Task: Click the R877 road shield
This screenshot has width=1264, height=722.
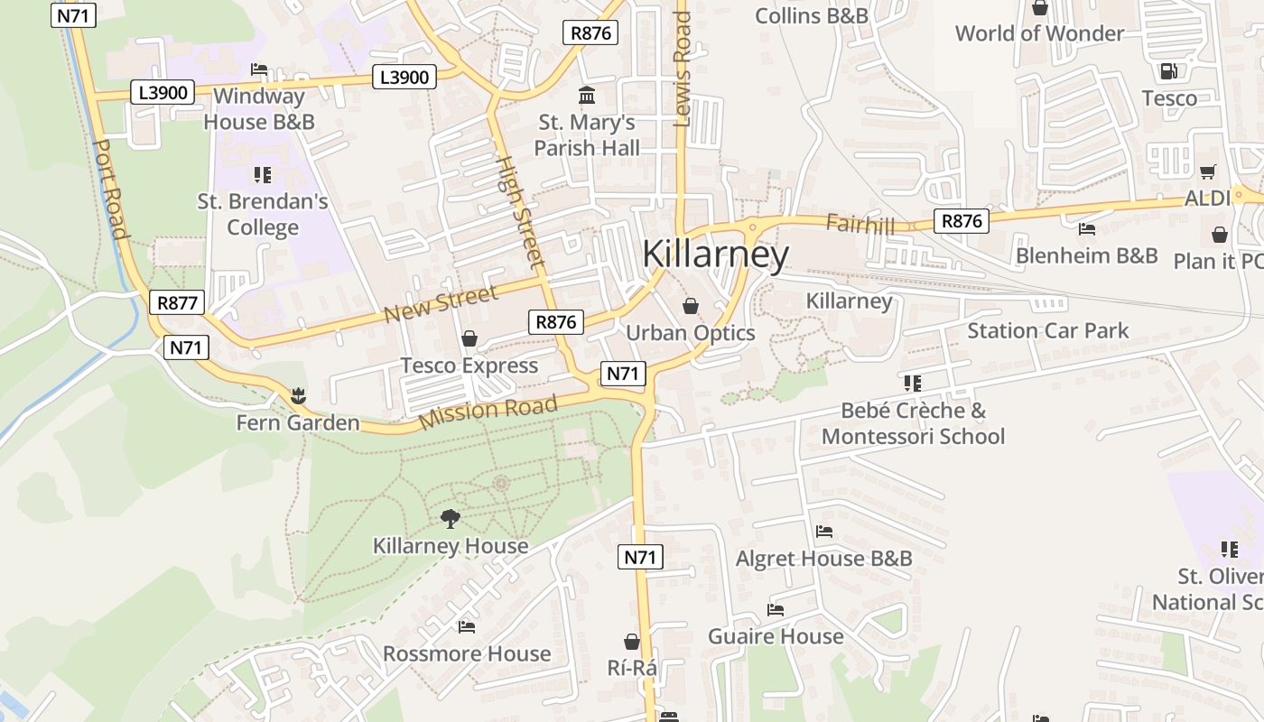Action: coord(177,302)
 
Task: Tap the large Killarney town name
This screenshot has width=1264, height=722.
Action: coord(715,255)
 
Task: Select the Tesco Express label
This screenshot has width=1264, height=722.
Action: coord(469,366)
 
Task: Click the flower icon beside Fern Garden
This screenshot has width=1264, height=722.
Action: coord(298,395)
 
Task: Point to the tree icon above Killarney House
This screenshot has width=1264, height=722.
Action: coord(450,518)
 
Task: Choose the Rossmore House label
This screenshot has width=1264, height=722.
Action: coord(466,653)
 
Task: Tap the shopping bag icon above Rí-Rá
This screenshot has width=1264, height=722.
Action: coord(632,642)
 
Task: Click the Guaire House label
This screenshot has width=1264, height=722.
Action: coord(775,636)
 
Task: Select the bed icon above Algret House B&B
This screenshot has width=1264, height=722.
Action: coord(823,532)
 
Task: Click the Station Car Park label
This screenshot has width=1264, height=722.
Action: coord(1047,331)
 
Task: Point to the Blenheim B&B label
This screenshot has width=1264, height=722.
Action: coord(1086,255)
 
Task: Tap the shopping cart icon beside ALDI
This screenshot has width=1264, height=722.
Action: coord(1207,171)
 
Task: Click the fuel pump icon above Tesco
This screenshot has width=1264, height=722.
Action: coord(1168,70)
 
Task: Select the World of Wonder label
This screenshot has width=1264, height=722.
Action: coord(1039,33)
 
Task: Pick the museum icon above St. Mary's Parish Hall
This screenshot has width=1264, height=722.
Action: coord(587,95)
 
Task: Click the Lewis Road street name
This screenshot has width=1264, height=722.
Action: coord(682,68)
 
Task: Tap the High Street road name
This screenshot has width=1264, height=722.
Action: coord(521,211)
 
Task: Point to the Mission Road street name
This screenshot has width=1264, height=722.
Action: coord(488,412)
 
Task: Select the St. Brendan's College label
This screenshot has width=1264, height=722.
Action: coord(263,214)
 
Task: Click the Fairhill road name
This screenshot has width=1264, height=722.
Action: coord(860,224)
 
